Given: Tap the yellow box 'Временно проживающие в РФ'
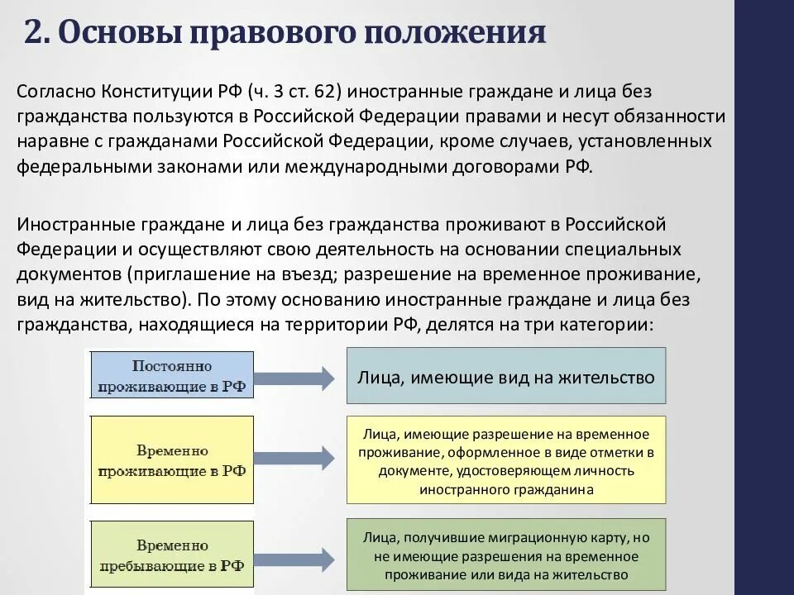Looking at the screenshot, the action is pos(172,460).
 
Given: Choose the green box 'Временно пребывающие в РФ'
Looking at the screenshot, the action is pos(172,555).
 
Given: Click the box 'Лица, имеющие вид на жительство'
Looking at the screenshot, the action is pos(505,376).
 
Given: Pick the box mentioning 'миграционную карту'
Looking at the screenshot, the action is pos(505,555).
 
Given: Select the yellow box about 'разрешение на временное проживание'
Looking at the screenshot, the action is pos(505,460).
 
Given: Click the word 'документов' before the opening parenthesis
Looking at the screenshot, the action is pos(68,274).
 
